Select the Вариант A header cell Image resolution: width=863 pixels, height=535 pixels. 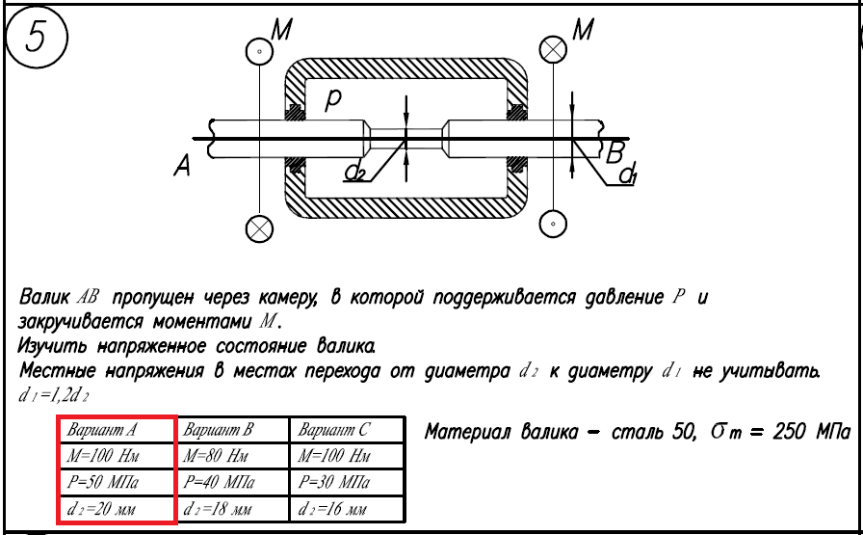117,430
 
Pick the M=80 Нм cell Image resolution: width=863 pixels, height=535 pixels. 232,456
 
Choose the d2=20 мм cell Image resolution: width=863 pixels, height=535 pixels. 117,508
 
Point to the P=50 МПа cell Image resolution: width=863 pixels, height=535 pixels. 117,482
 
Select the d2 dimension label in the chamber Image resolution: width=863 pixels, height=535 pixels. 354,173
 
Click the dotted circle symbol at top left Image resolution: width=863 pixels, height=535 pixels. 259,49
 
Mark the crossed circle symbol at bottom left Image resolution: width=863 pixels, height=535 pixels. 259,227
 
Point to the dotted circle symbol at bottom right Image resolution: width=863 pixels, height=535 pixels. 552,225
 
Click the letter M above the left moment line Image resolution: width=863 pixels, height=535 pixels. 282,30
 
